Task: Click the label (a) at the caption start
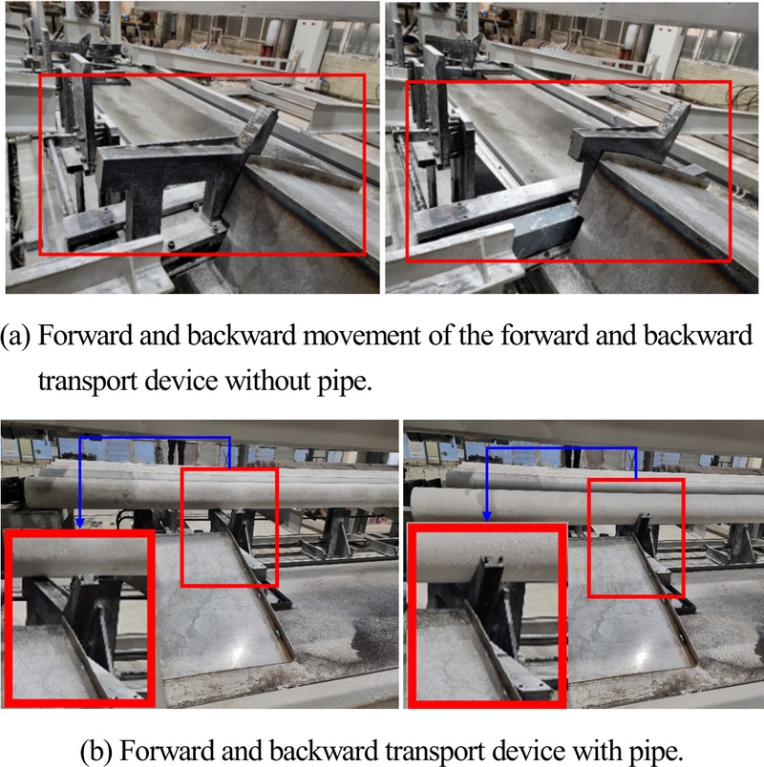14,336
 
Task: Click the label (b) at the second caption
96,751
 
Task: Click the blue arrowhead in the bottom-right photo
487,515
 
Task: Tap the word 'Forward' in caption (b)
167,750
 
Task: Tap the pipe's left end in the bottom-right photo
414,506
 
